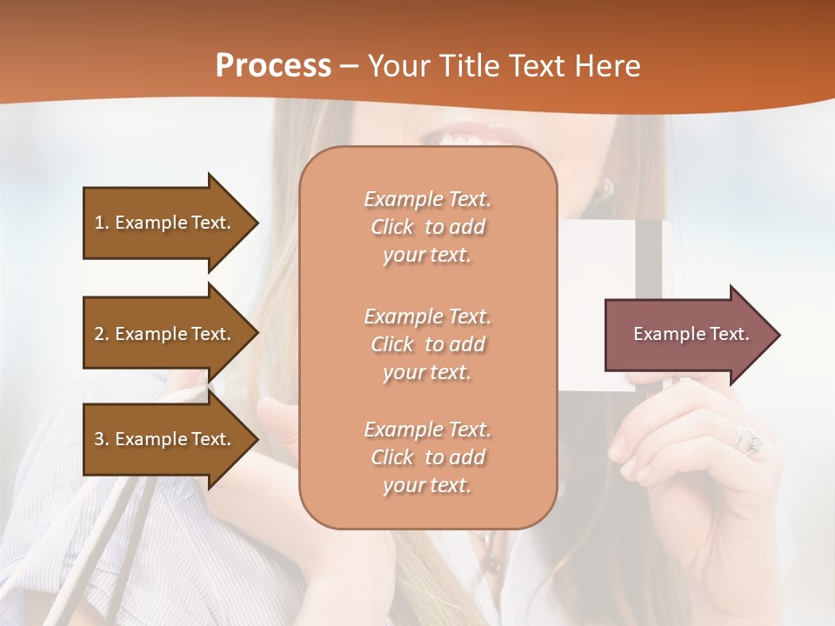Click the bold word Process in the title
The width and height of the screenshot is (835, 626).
[273, 66]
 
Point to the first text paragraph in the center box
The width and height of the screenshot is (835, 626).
[427, 227]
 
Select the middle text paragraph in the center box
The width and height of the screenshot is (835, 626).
[427, 344]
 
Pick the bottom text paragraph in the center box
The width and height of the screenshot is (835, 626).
[427, 457]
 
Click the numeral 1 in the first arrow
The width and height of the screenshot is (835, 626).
[99, 223]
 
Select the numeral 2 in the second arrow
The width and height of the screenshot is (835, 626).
[99, 334]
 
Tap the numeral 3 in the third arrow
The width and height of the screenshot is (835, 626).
[99, 439]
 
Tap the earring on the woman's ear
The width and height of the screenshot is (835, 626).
[607, 186]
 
